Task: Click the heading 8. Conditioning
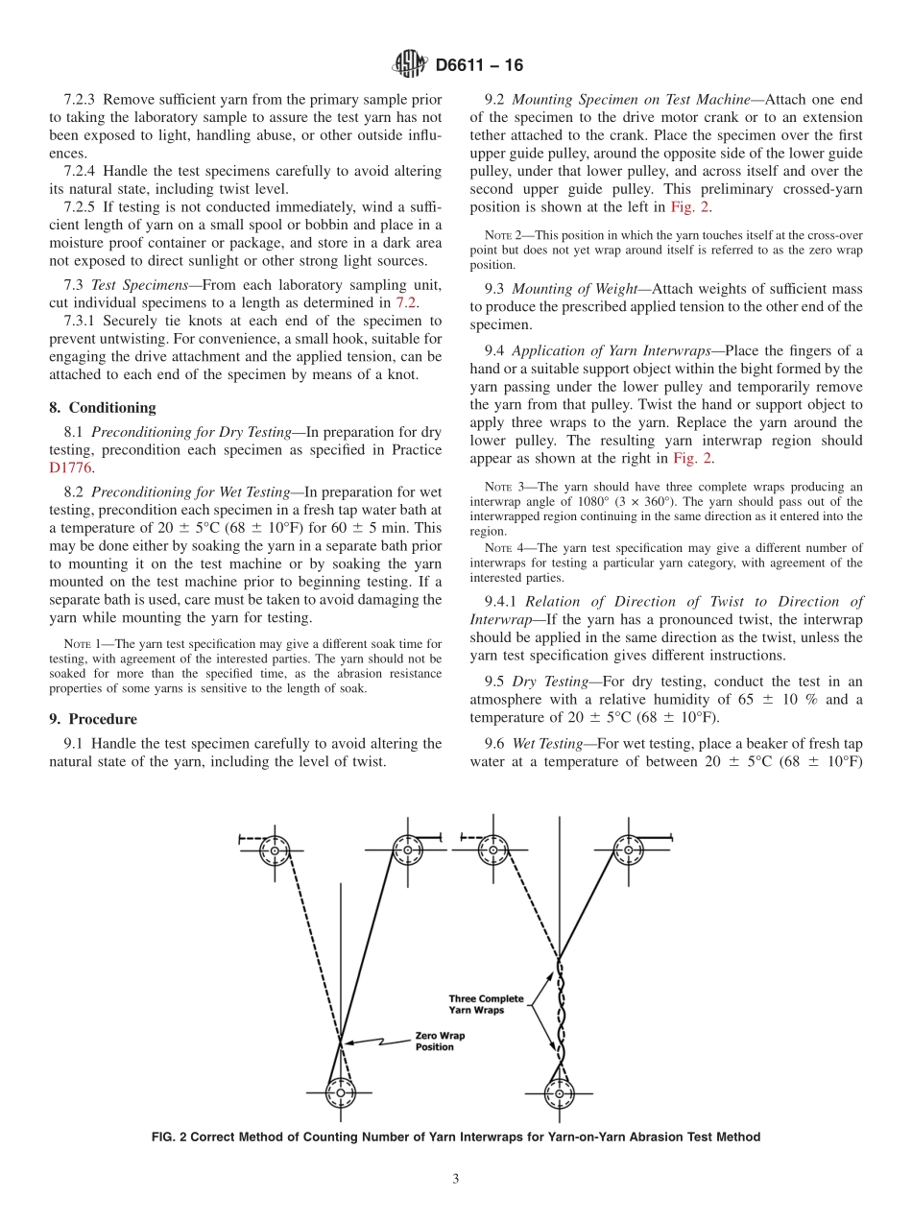(103, 407)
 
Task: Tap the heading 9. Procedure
(93, 719)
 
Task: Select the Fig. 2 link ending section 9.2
(690, 206)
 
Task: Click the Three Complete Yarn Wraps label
(487, 1004)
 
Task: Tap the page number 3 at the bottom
(456, 1179)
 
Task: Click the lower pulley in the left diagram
(340, 1091)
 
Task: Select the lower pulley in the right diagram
(559, 1091)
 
